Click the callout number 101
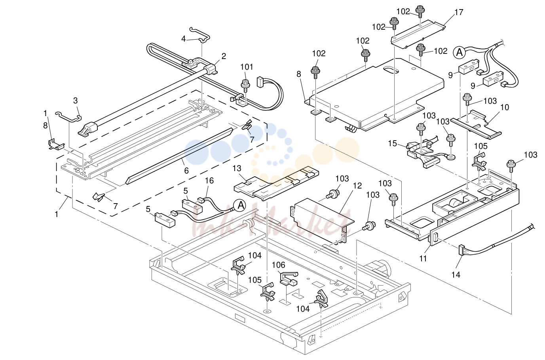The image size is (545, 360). [x=247, y=67]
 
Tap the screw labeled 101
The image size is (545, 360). [x=245, y=86]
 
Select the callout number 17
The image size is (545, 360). [x=459, y=12]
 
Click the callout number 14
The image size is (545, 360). [x=456, y=275]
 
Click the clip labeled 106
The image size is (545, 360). [x=289, y=278]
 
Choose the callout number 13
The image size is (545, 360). [x=237, y=168]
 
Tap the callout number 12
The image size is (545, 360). [x=357, y=186]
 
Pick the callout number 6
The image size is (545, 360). [x=186, y=171]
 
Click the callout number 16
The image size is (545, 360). [x=209, y=181]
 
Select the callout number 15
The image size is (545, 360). [x=393, y=143]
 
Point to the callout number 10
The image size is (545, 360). [x=505, y=107]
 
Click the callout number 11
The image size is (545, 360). [x=423, y=258]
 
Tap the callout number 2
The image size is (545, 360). [x=224, y=56]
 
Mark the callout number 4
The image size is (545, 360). [x=184, y=39]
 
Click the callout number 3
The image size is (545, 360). [x=76, y=101]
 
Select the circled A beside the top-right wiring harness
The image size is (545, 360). [x=459, y=52]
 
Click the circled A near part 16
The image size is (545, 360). [x=240, y=206]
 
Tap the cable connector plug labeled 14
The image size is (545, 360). [x=461, y=250]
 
